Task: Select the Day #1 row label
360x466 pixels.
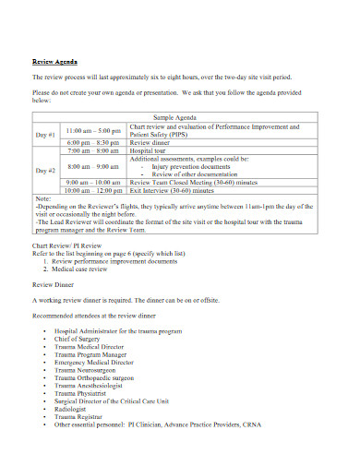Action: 46,135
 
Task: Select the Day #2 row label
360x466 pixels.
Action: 46,171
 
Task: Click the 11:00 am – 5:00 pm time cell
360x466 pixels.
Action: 94,131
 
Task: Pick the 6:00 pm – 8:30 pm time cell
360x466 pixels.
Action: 93,143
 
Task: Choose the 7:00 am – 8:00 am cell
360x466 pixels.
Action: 93,150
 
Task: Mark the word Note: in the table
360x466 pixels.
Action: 43,198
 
